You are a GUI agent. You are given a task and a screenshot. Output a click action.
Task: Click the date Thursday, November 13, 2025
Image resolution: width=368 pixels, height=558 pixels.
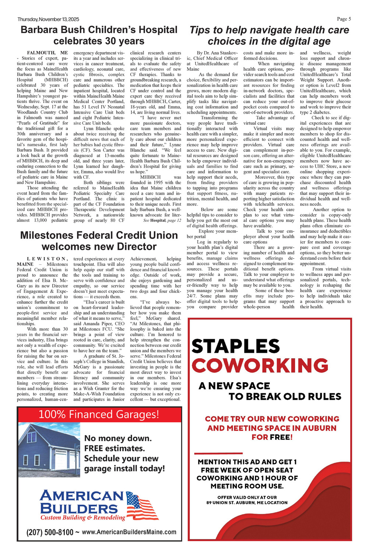click(48, 19)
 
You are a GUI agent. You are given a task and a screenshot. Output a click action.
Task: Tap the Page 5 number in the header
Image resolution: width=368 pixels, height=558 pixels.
click(344, 19)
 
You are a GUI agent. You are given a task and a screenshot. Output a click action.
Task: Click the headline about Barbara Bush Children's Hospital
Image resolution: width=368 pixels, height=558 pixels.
click(99, 35)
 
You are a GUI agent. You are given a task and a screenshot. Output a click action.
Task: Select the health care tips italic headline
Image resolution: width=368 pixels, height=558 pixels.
click(269, 35)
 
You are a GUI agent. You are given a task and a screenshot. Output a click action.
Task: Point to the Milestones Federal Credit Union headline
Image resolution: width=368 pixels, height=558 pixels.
click(99, 241)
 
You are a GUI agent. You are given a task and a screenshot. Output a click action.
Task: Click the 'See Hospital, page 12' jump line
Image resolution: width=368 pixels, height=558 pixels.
click(162, 221)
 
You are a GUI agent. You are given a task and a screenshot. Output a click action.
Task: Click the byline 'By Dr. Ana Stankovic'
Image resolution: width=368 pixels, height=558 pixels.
click(217, 53)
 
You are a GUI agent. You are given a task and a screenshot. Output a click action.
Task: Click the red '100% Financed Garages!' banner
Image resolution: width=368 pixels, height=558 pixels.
click(99, 414)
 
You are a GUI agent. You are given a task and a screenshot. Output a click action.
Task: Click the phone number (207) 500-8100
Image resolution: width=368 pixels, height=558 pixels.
click(50, 532)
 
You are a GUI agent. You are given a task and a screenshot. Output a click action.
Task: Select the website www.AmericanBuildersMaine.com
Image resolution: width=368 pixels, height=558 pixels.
click(129, 532)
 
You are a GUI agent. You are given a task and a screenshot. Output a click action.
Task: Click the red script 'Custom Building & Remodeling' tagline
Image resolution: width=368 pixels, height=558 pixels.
click(83, 518)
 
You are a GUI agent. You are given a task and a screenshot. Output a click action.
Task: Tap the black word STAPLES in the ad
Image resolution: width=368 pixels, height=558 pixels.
click(236, 346)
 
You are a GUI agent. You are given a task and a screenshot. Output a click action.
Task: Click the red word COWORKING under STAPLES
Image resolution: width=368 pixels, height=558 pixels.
click(260, 366)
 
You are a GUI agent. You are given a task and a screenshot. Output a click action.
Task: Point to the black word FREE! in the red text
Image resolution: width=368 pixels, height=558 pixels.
click(281, 437)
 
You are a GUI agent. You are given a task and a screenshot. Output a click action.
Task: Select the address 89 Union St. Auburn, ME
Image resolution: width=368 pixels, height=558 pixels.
click(247, 502)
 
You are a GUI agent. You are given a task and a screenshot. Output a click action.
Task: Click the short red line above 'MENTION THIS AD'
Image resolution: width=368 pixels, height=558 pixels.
click(218, 453)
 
